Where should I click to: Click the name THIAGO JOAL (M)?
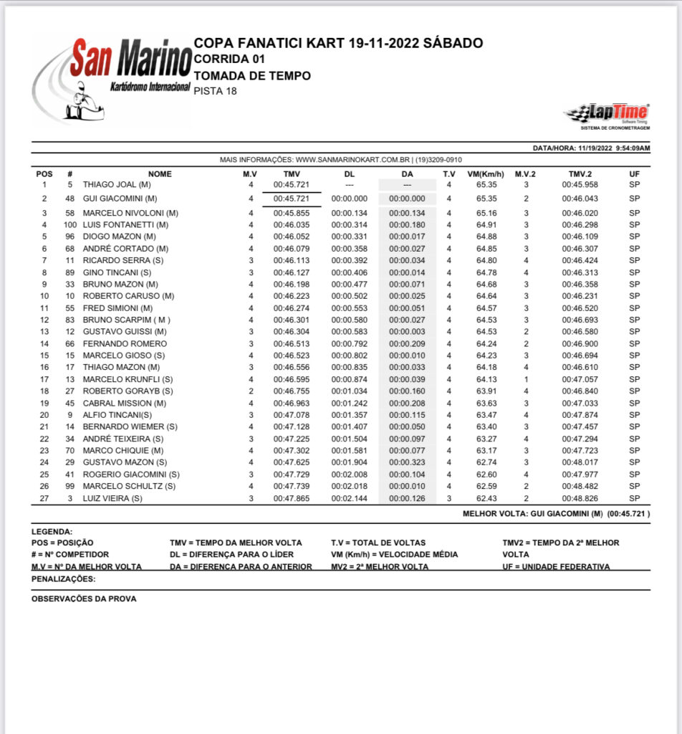point(119,185)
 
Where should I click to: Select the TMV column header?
point(292,174)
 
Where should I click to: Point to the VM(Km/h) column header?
point(486,174)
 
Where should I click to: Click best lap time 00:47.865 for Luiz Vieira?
point(292,498)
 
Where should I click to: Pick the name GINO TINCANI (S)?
point(117,272)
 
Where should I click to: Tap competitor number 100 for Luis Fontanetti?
point(70,224)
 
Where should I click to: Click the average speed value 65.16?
point(486,213)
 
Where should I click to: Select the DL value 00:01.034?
point(350,391)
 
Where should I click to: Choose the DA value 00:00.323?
point(408,462)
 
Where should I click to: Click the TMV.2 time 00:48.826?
point(580,498)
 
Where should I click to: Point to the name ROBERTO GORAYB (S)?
point(128,391)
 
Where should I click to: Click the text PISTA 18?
point(215,91)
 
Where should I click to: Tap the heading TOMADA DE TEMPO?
point(252,75)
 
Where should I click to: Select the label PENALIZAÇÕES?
point(64,578)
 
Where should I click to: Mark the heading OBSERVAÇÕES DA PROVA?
point(84,599)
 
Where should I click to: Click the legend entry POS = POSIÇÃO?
point(62,543)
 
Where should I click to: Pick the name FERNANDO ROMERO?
point(125,343)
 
